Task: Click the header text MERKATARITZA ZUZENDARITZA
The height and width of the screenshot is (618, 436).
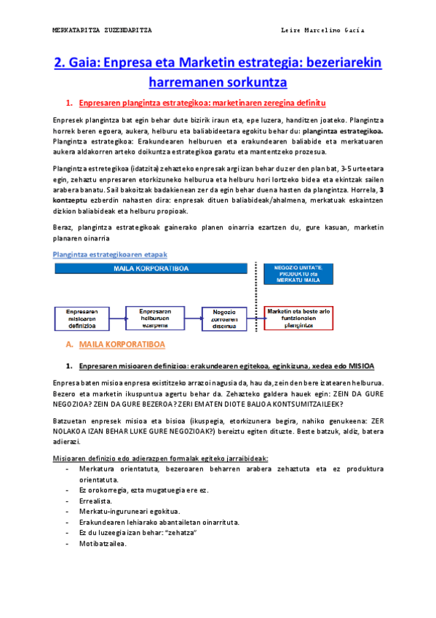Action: pos(103,30)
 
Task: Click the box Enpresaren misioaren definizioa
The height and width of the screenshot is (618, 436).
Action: pos(76,318)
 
